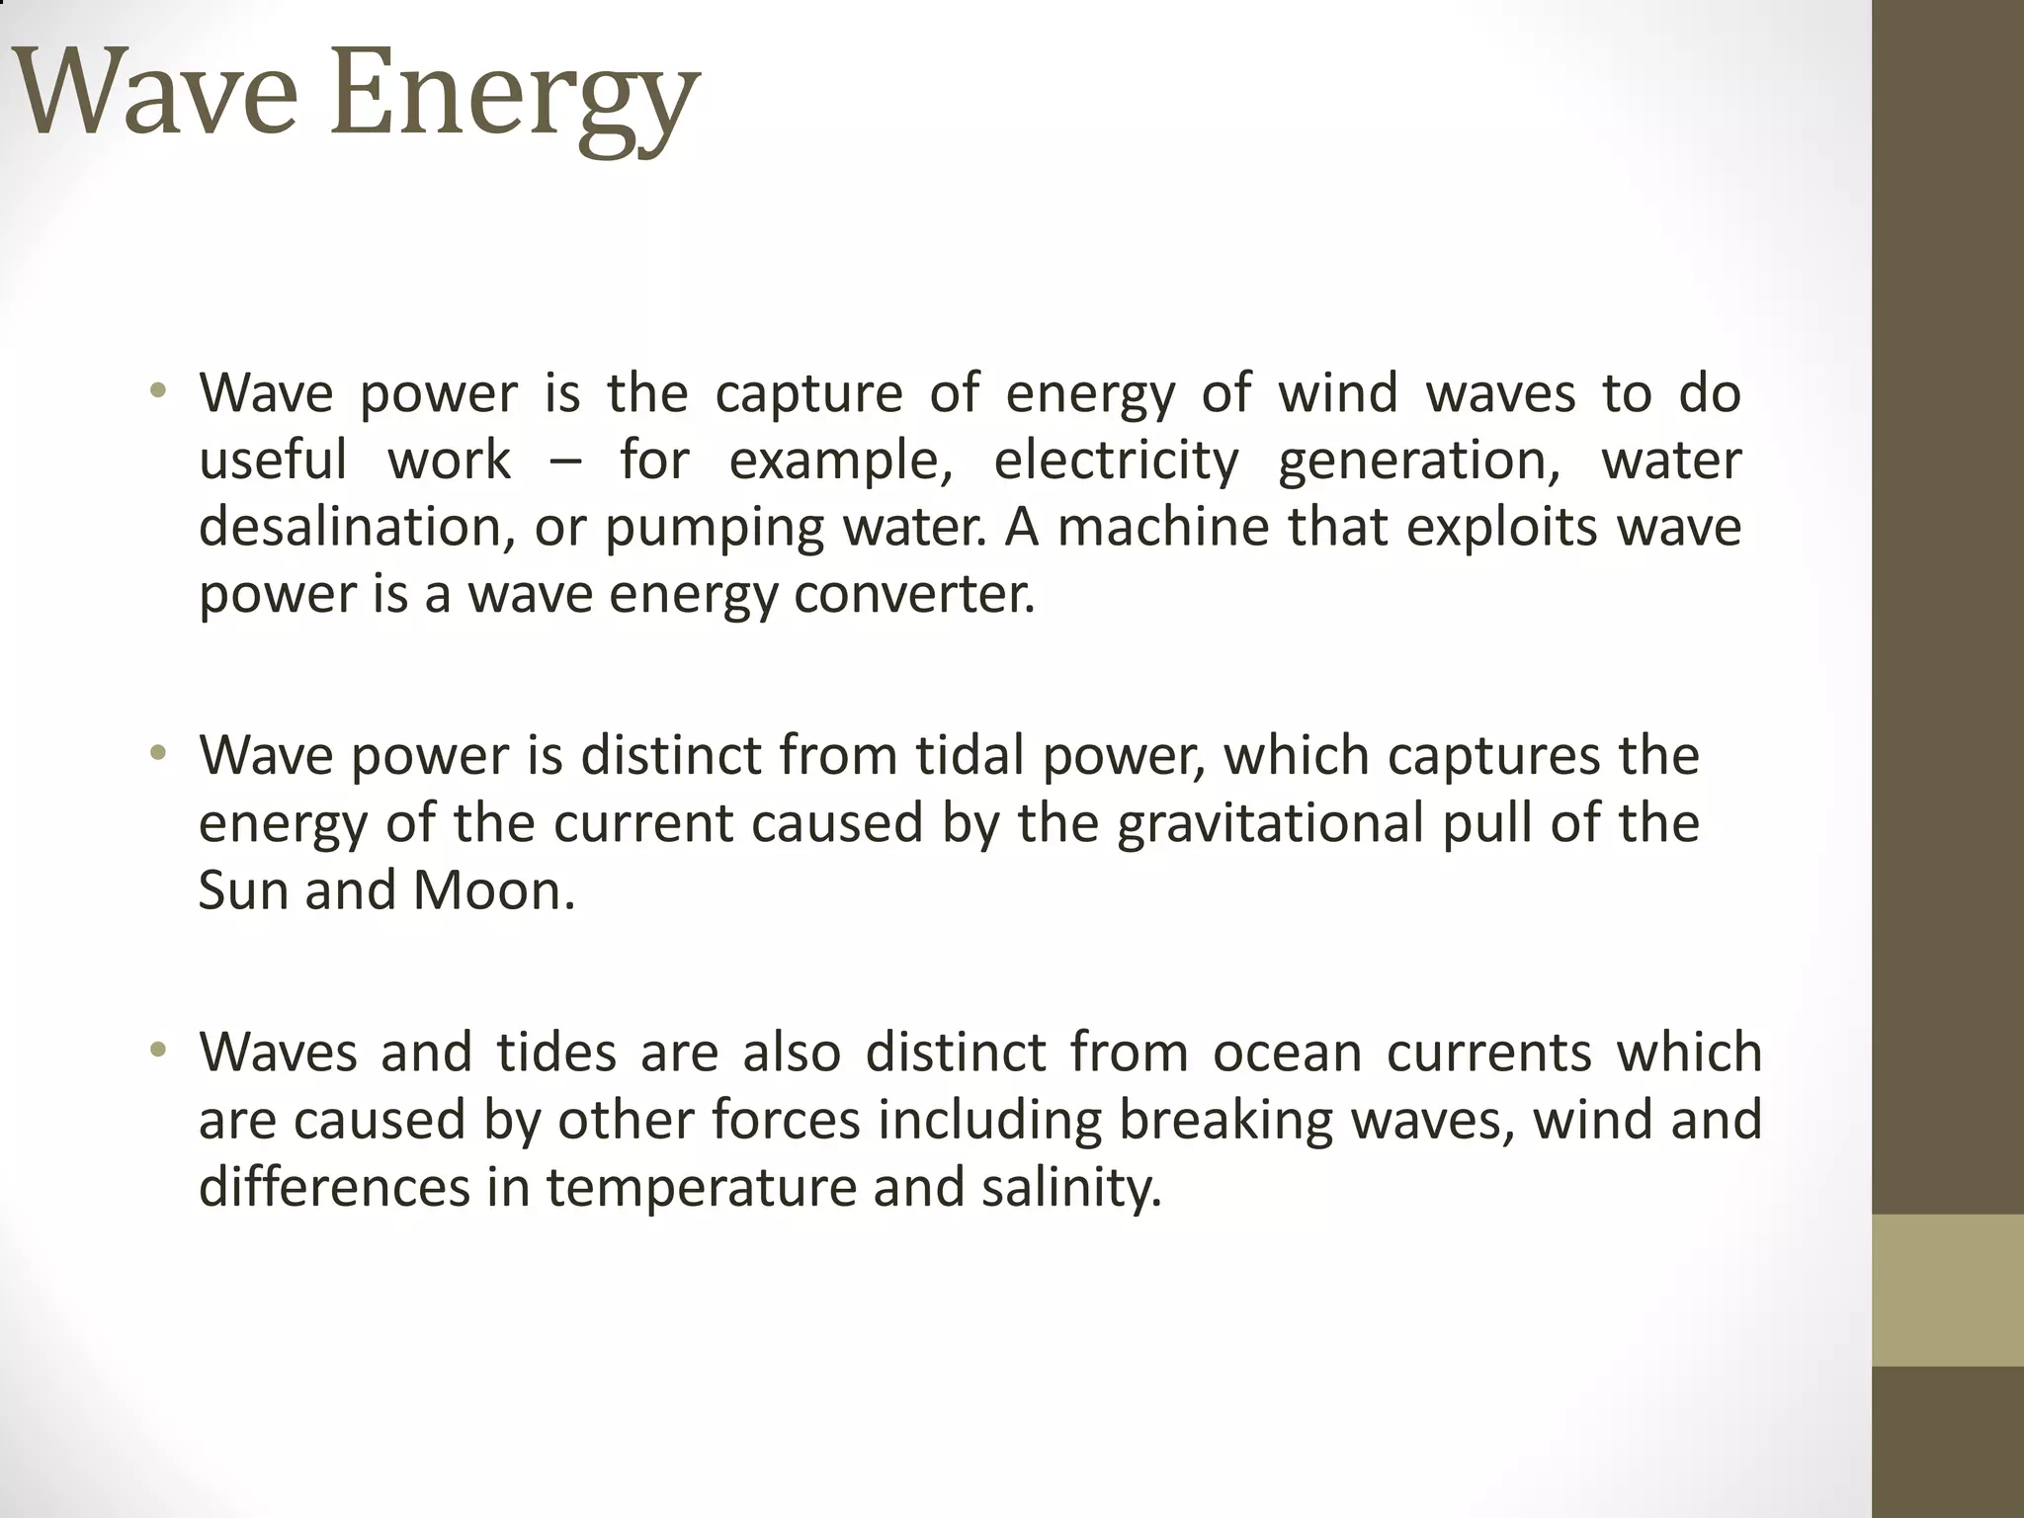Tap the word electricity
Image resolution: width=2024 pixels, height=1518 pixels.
tap(1116, 461)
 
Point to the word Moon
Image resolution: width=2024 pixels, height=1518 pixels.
tap(493, 890)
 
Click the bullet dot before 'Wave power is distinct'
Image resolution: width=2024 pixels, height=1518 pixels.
tap(157, 756)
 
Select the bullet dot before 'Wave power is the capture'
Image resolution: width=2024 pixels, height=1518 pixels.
tap(157, 391)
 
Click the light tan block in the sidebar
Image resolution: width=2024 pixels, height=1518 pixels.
tap(1948, 1290)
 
